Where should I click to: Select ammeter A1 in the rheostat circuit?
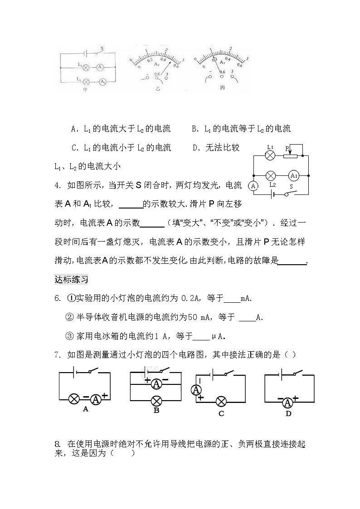(293, 175)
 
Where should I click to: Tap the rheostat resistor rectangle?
(290, 156)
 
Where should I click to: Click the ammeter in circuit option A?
(95, 399)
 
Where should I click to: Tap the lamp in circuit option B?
(156, 400)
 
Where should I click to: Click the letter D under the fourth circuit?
(288, 413)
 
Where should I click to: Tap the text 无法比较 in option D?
(222, 147)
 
